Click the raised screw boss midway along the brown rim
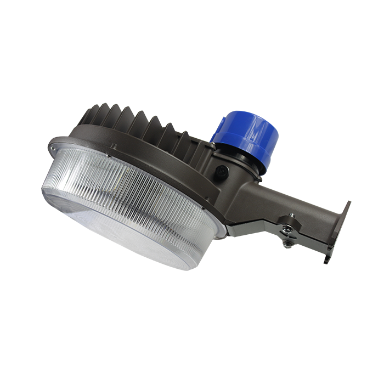(x=113, y=146)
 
